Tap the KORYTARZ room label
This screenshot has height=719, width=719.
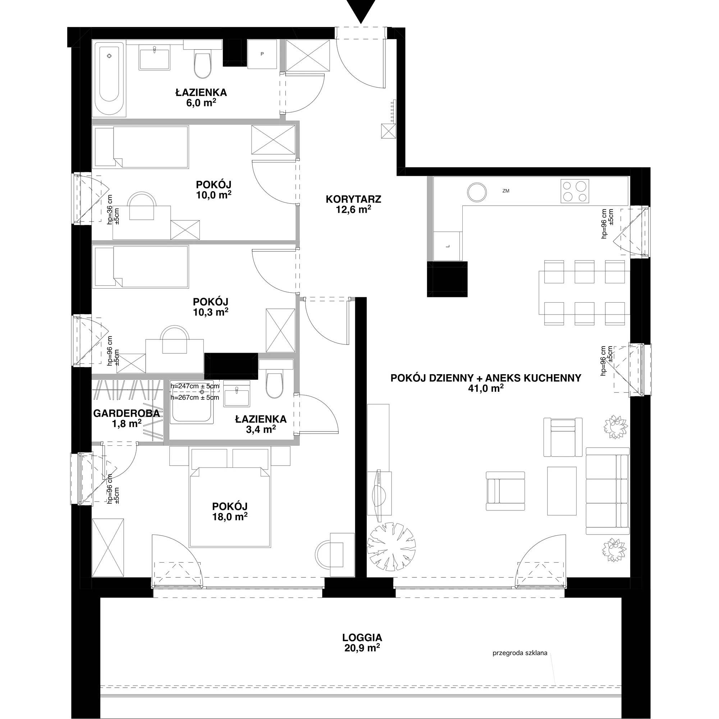(x=353, y=199)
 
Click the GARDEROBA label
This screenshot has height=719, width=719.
(x=127, y=413)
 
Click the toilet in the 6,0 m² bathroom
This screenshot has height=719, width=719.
(x=202, y=64)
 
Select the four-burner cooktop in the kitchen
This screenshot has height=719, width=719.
(x=575, y=191)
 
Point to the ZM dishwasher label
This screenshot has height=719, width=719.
(x=505, y=191)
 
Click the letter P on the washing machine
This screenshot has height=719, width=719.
(x=262, y=54)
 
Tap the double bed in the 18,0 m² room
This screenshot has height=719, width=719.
(x=230, y=507)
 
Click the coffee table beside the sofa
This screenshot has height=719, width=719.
(x=562, y=491)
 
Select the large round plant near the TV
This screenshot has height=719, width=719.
(x=391, y=547)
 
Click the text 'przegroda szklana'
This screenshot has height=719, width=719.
(x=520, y=663)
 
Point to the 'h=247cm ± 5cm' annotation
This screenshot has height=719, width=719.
(x=194, y=386)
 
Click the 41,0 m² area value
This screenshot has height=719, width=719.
(x=486, y=389)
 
